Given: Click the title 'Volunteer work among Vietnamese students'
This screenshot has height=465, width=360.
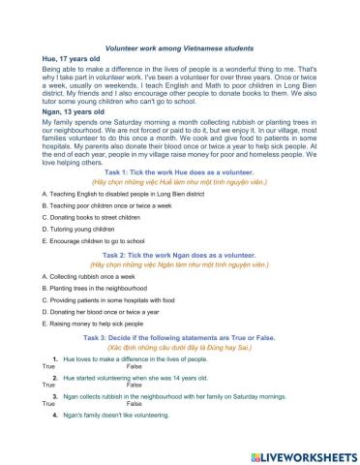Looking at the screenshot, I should pyautogui.click(x=178, y=47).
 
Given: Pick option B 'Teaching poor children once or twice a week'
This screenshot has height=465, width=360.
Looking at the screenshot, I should pyautogui.click(x=106, y=262).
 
